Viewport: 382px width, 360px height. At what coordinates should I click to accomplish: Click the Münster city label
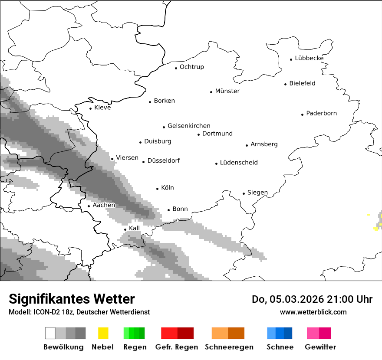[x=227, y=91]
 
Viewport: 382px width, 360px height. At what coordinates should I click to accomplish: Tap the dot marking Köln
[x=158, y=189]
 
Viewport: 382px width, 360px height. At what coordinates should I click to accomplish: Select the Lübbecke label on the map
[x=309, y=58]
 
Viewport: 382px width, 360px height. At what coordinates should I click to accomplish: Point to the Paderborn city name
[x=321, y=113]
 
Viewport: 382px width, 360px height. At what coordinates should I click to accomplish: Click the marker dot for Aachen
[x=89, y=206]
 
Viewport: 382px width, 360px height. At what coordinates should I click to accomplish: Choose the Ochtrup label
[x=191, y=67]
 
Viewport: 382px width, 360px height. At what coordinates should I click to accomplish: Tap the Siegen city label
[x=257, y=193]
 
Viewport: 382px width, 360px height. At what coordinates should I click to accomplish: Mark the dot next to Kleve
[x=91, y=108]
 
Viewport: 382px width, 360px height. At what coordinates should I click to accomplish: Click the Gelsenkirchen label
[x=189, y=126]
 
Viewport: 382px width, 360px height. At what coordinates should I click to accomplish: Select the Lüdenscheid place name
[x=239, y=163]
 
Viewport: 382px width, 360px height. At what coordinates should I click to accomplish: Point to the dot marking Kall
[x=125, y=229]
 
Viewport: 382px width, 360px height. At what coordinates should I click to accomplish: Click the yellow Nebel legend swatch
[x=103, y=333]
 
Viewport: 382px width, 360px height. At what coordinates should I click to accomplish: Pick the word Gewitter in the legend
[x=320, y=347]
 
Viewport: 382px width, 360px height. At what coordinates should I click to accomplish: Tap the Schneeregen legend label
[x=229, y=347]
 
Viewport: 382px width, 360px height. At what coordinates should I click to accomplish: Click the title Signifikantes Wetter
[x=72, y=299]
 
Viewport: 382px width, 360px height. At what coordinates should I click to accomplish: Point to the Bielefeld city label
[x=302, y=83]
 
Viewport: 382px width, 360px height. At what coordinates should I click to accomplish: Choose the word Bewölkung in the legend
[x=63, y=347]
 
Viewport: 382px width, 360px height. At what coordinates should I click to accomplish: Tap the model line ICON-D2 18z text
[x=48, y=312]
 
